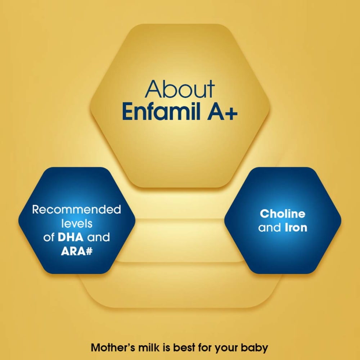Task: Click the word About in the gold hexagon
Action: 180,89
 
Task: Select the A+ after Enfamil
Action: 222,112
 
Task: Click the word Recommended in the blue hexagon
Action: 76,210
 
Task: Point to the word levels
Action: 77,224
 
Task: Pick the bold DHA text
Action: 71,237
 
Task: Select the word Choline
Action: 283,214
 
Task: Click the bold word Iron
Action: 296,228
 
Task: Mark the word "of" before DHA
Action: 49,237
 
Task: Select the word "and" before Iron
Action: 270,228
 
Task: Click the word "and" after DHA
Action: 99,237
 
